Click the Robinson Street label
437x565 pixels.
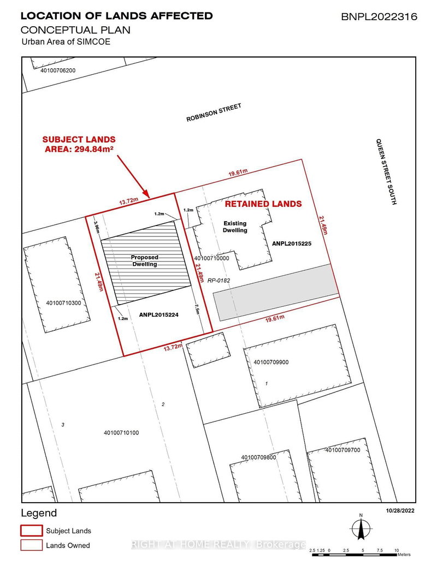point(214,112)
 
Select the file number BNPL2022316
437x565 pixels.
point(379,17)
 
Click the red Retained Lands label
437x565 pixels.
point(264,204)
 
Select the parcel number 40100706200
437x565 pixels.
point(57,70)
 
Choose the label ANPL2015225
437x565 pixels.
point(291,243)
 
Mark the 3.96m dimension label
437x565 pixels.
point(96,226)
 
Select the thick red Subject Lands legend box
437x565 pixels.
point(31,530)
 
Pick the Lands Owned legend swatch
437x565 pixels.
point(31,545)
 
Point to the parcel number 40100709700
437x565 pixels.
point(342,450)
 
